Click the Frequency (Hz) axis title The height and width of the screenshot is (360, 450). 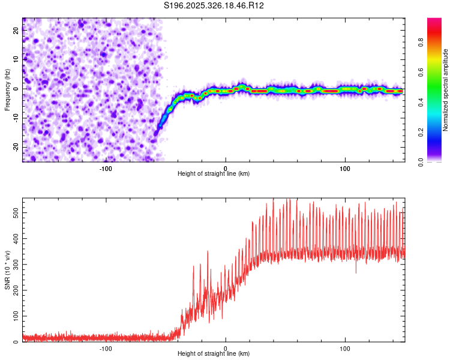point(7,90)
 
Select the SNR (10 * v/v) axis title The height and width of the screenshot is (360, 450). point(7,270)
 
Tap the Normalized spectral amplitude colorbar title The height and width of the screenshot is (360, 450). point(446,90)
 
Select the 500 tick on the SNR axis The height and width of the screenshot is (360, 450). point(13,212)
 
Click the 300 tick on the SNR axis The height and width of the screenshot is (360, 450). point(13,264)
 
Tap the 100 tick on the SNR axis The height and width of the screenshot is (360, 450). point(13,316)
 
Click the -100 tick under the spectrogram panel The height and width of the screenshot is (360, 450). point(106,168)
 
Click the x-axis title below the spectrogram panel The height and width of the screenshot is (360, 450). point(214,174)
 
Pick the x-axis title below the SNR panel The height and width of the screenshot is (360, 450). point(214,354)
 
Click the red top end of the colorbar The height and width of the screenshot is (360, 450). point(434,21)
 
